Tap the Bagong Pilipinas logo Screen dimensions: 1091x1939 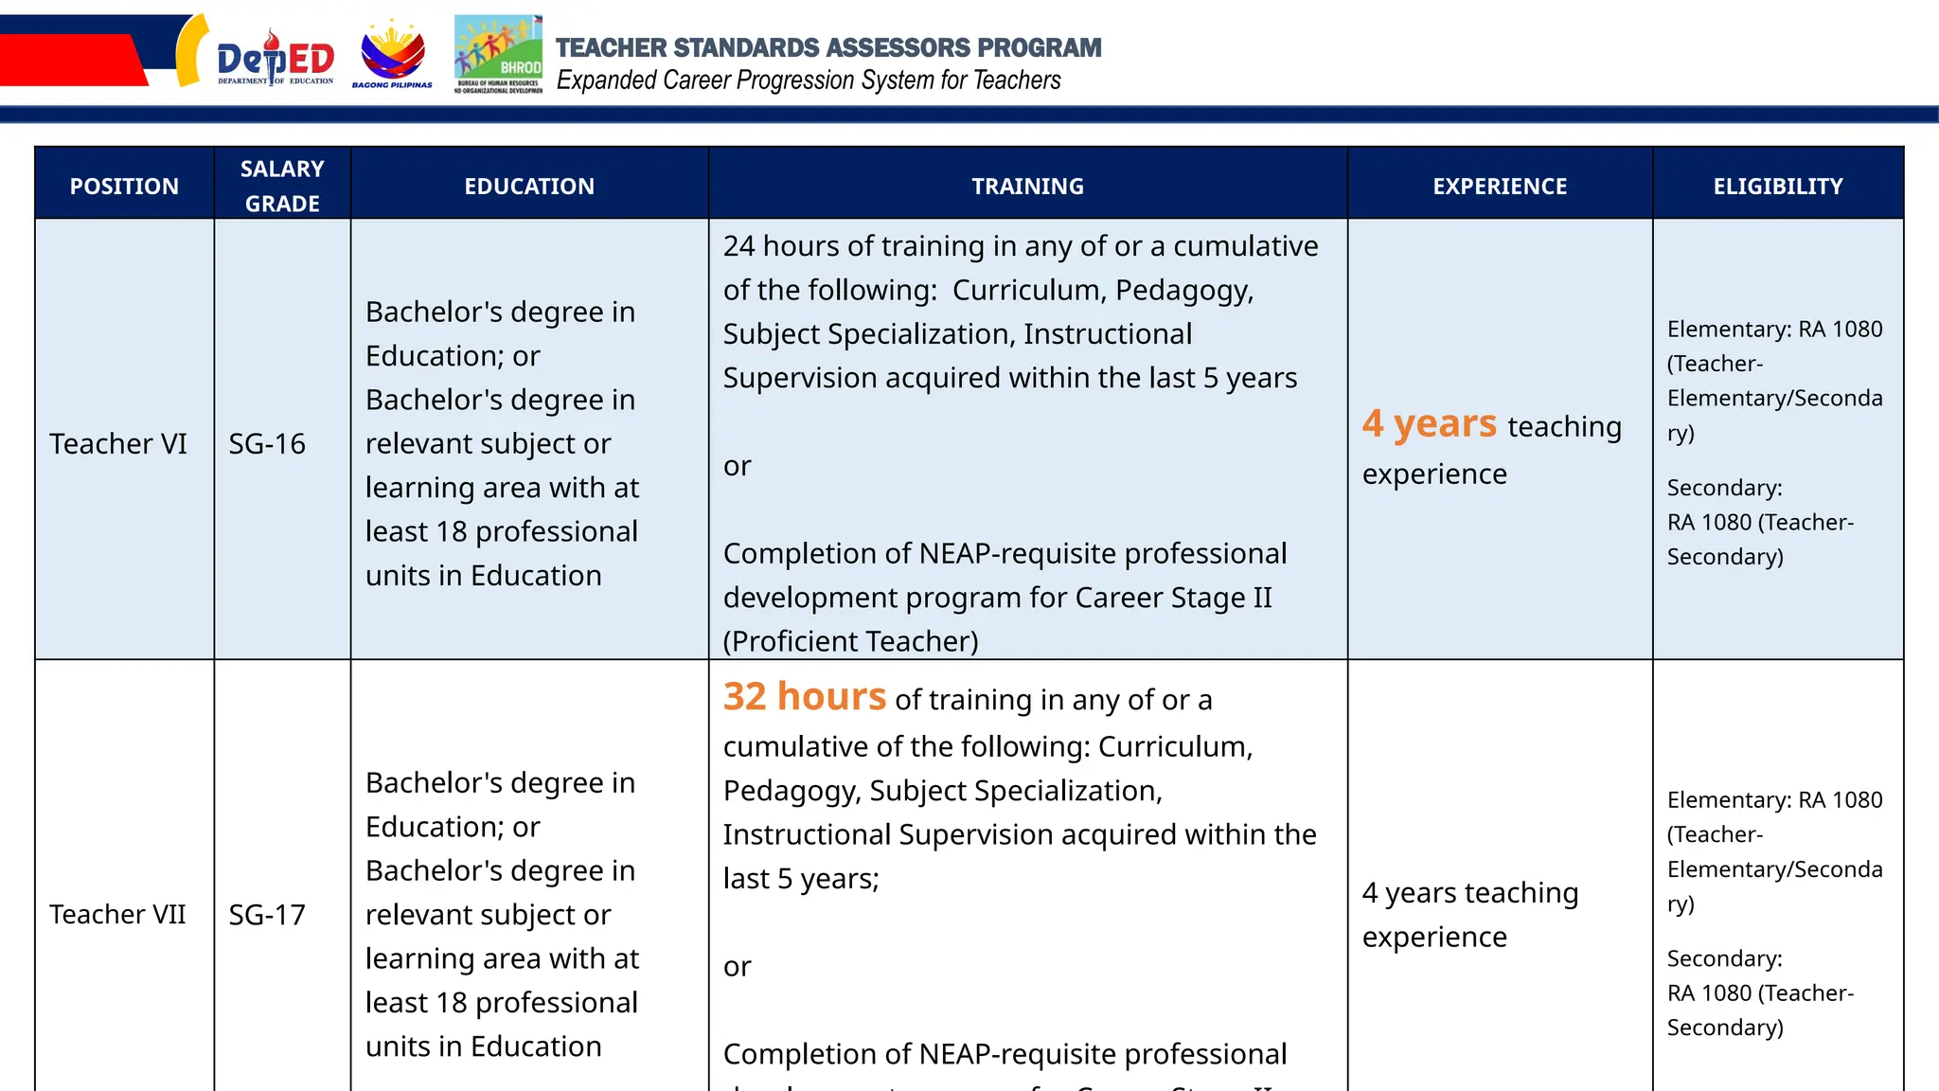pyautogui.click(x=392, y=55)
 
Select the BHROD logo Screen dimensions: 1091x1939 pyautogui.click(x=498, y=54)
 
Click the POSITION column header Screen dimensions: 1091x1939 pyautogui.click(x=124, y=186)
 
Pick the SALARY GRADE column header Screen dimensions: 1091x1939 pyautogui.click(x=282, y=186)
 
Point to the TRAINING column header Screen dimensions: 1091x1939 pyautogui.click(x=1027, y=186)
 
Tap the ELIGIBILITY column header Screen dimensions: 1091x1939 pyautogui.click(x=1777, y=186)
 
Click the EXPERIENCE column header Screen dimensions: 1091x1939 pyautogui.click(x=1500, y=186)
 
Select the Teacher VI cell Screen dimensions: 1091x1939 pyautogui.click(x=118, y=443)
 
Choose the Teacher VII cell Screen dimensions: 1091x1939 pyautogui.click(x=117, y=914)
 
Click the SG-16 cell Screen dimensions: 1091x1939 pyautogui.click(x=267, y=443)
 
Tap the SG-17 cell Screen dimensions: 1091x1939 pyautogui.click(x=267, y=914)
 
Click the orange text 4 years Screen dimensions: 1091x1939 pyautogui.click(x=1430, y=423)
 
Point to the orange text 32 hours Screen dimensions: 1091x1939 pyautogui.click(x=805, y=696)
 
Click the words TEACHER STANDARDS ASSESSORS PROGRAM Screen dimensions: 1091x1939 pyautogui.click(x=828, y=47)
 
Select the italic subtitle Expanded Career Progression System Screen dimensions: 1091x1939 pyautogui.click(x=809, y=80)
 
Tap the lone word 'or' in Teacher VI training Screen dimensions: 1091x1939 pyautogui.click(x=737, y=466)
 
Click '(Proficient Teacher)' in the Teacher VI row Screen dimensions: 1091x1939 pyautogui.click(x=850, y=641)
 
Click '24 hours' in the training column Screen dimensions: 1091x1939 pyautogui.click(x=782, y=246)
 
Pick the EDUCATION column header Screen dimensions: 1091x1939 pyautogui.click(x=529, y=186)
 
